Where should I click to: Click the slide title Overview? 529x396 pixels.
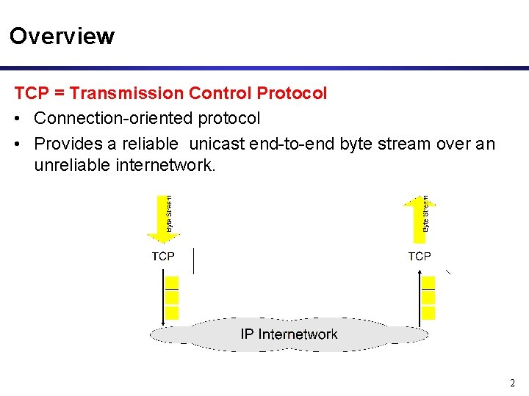[x=62, y=36]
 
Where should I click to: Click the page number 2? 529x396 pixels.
[x=512, y=383]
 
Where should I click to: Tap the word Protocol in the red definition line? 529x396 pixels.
[x=292, y=94]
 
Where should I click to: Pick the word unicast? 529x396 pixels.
[x=217, y=144]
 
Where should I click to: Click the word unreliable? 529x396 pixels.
[x=72, y=166]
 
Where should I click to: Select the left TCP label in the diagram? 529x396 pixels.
[x=163, y=256]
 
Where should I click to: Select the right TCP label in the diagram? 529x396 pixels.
[x=420, y=256]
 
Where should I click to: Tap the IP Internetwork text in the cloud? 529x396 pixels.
[x=289, y=334]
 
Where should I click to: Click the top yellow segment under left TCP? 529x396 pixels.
[x=172, y=282]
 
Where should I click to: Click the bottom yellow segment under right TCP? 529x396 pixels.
[x=429, y=312]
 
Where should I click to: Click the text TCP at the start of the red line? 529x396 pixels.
[x=30, y=94]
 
